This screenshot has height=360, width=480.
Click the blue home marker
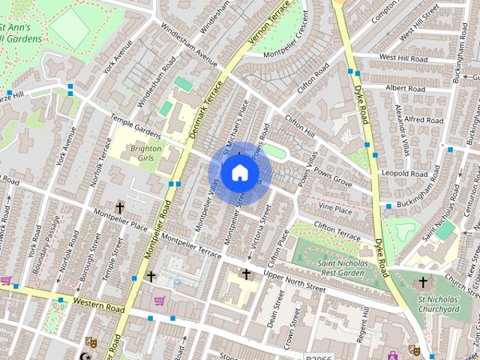(x=239, y=172)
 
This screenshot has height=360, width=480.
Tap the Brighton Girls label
(x=145, y=154)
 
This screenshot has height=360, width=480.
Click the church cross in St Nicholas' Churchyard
(x=423, y=282)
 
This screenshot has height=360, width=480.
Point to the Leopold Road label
(x=403, y=172)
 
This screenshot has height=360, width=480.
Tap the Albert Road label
(x=405, y=88)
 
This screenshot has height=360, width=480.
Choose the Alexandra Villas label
(x=403, y=124)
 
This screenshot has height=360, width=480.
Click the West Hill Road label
(x=403, y=57)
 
